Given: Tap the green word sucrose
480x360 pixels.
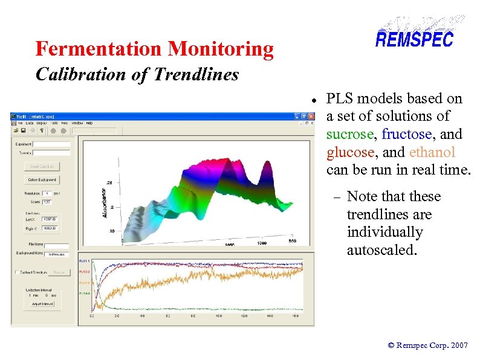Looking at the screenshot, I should pyautogui.click(x=351, y=133).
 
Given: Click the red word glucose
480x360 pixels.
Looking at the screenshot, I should pyautogui.click(x=350, y=152).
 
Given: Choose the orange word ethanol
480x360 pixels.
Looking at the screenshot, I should pyautogui.click(x=432, y=152).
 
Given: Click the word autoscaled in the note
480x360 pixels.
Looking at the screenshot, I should pyautogui.click(x=381, y=250).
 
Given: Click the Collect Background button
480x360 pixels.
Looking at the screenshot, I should pyautogui.click(x=41, y=179).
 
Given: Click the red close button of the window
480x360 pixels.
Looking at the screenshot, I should pyautogui.click(x=310, y=115).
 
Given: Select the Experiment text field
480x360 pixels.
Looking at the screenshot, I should pyautogui.click(x=51, y=144).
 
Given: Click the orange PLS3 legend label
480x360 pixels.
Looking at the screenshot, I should pyautogui.click(x=85, y=283).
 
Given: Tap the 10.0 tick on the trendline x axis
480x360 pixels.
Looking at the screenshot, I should pyautogui.click(x=219, y=316).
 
